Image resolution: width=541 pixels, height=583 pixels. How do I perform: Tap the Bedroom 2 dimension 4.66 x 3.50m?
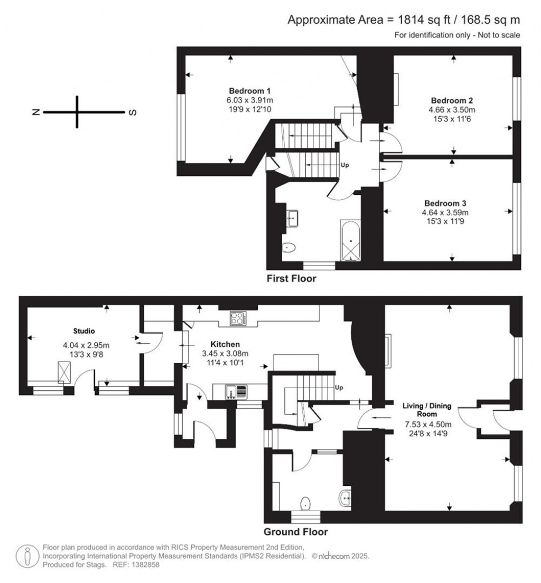[x=452, y=110]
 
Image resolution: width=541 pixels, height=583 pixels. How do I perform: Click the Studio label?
[x=84, y=332]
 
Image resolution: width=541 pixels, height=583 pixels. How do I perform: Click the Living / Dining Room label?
[x=427, y=410]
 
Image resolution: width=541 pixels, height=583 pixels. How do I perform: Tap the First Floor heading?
[x=292, y=278]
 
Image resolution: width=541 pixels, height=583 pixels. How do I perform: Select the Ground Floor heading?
[x=295, y=532]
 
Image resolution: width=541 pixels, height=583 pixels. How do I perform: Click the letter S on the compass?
[x=133, y=112]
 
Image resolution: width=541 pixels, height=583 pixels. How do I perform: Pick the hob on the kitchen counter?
[x=237, y=318]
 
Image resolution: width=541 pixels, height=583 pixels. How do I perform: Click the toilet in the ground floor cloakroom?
[x=305, y=504]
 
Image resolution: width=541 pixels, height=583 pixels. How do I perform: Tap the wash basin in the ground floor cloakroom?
[x=346, y=497]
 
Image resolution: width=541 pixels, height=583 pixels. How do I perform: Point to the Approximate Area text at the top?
[x=404, y=20]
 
